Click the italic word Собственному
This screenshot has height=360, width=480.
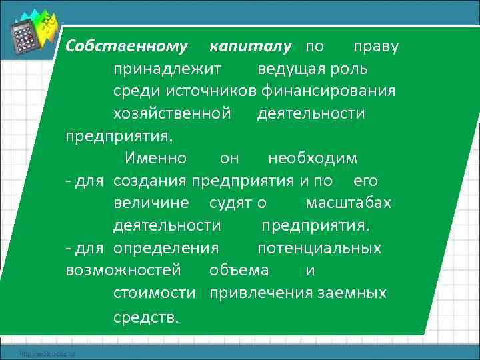tap(127, 47)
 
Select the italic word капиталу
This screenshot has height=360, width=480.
tap(251, 47)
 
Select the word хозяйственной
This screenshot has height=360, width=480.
tap(172, 113)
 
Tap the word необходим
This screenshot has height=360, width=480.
tap(313, 159)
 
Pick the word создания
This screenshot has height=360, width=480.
tap(151, 181)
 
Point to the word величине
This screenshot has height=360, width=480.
tap(151, 203)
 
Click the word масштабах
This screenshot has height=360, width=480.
tap(348, 203)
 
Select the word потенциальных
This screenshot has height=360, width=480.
tap(319, 249)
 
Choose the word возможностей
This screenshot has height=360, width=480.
tap(123, 271)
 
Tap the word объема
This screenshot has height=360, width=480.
tap(239, 271)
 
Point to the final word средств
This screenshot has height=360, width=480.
tap(146, 317)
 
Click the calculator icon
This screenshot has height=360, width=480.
tap(26, 35)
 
